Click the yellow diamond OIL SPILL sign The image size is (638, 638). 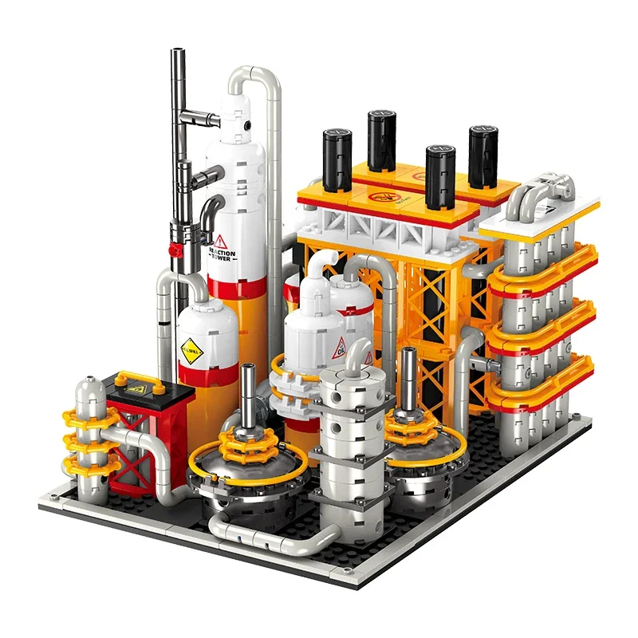pyautogui.click(x=191, y=349)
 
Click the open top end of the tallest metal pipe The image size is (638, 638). pyautogui.click(x=178, y=53)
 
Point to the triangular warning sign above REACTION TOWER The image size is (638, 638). pyautogui.click(x=221, y=240)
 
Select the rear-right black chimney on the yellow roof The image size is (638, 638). pyautogui.click(x=482, y=156)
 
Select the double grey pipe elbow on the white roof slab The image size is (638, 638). pyautogui.click(x=543, y=191)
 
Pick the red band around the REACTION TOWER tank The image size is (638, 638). pyautogui.click(x=236, y=284)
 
